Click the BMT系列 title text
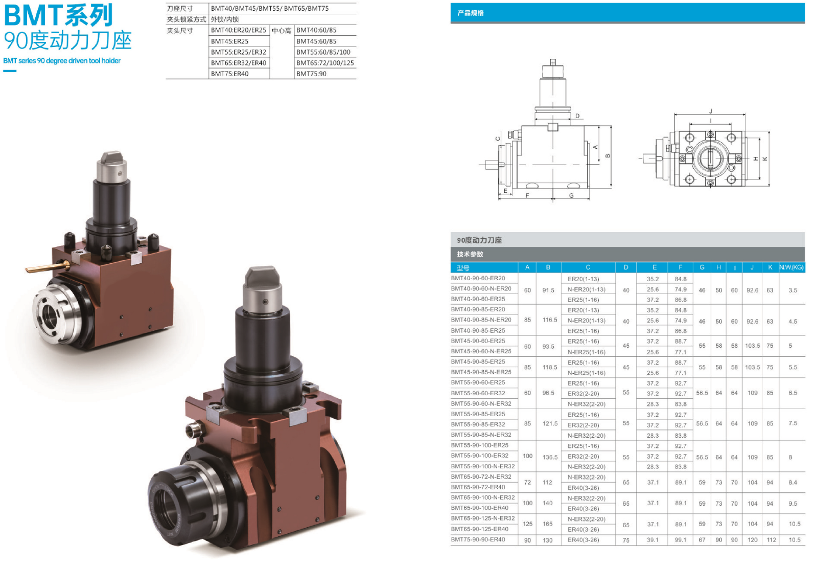58,15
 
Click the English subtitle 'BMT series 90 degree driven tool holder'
62,60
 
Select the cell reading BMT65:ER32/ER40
239,63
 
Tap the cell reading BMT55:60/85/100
323,52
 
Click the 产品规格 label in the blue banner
471,13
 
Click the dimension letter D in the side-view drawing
577,116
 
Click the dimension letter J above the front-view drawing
710,111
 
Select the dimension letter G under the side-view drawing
571,196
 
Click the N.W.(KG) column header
791,267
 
